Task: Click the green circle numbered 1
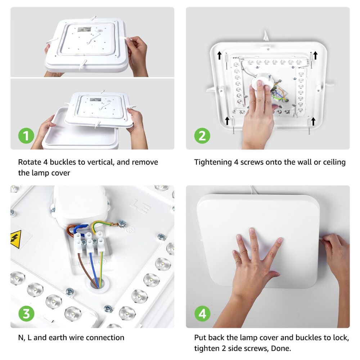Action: (x=26, y=136)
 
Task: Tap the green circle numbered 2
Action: (x=202, y=136)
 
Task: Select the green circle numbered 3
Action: (x=26, y=314)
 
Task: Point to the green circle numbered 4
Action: (x=202, y=314)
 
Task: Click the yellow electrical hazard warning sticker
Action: (x=16, y=239)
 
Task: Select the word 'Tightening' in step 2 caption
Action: (x=213, y=162)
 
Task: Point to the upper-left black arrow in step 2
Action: (x=220, y=55)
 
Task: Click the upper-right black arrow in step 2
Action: (x=315, y=55)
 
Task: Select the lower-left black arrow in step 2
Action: (x=227, y=121)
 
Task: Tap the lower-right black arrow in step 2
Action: (x=313, y=121)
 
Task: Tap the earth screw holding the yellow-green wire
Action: (x=122, y=224)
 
